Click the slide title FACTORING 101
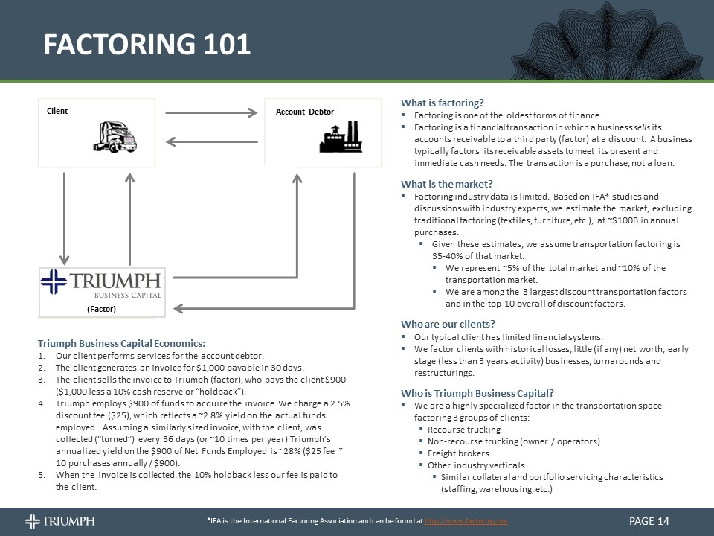(x=147, y=45)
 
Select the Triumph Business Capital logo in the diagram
(x=102, y=284)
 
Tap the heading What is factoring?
(x=443, y=103)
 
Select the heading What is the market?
(x=447, y=184)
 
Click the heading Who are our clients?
(x=448, y=324)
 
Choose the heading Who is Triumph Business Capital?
(x=477, y=393)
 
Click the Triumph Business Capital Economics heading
(x=121, y=343)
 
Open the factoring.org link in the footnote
(x=466, y=521)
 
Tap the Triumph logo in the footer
(x=59, y=520)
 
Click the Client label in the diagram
(x=57, y=111)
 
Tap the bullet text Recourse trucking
(x=464, y=430)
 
